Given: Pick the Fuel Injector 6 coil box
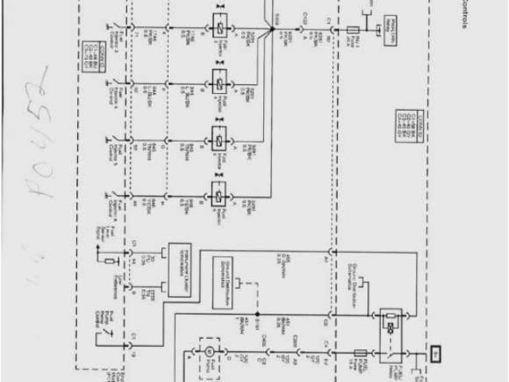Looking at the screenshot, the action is pyautogui.click(x=217, y=190).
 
